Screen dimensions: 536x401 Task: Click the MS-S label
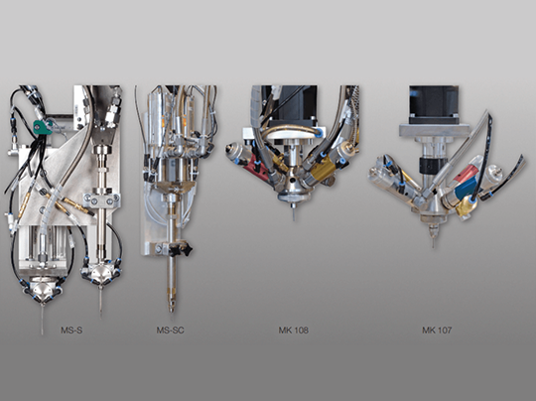[71, 331]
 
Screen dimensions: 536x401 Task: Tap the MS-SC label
[171, 331]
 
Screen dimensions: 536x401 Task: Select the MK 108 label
[293, 331]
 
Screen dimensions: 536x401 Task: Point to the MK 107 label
[437, 331]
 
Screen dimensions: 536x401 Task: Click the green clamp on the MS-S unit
[42, 126]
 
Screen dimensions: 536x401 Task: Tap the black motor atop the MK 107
[434, 104]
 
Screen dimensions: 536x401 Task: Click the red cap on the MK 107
[470, 170]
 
